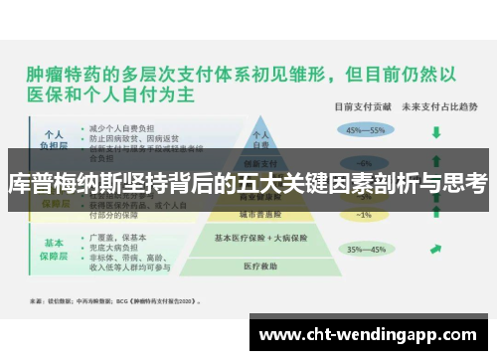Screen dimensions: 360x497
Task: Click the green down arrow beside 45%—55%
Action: (435, 129)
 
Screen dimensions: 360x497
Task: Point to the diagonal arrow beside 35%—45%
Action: (435, 250)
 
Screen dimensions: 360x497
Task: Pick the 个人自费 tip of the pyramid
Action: (261, 137)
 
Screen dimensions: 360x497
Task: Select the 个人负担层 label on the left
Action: (55, 136)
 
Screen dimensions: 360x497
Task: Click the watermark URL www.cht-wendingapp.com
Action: (368, 335)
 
